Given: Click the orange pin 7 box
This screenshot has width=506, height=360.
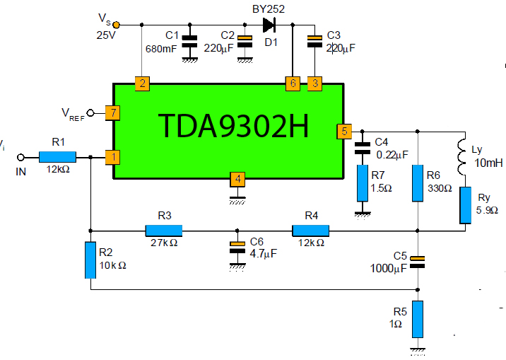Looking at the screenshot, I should pyautogui.click(x=110, y=112).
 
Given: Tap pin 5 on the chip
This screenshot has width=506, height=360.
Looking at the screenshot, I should pyautogui.click(x=344, y=131).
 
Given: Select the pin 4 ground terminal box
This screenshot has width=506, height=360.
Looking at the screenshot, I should pyautogui.click(x=238, y=178).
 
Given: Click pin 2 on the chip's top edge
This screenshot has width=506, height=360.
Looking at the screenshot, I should pyautogui.click(x=143, y=83).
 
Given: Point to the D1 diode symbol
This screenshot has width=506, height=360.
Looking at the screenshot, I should pyautogui.click(x=269, y=25).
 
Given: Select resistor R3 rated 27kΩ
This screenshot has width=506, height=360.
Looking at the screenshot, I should pyautogui.click(x=163, y=230).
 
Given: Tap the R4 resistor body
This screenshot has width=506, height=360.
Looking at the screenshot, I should pyautogui.click(x=311, y=230).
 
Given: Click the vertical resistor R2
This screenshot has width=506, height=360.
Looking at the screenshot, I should pyautogui.click(x=90, y=260).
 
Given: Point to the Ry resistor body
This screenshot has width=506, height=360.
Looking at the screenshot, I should pyautogui.click(x=465, y=205).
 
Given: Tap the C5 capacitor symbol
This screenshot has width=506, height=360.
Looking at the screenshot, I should pyautogui.click(x=418, y=261).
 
